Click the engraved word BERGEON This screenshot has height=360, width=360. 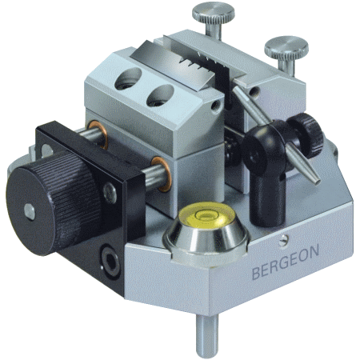286,262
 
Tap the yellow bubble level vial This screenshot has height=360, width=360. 207,215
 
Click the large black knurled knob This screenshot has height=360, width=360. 54,203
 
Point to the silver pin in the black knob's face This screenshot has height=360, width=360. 30,212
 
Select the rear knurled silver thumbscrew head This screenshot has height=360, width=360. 214,14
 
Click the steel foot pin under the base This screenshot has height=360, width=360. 207,335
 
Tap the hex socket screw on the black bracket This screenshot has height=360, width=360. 110,261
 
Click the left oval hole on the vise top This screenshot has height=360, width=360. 128,78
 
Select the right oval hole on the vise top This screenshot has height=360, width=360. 160,95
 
